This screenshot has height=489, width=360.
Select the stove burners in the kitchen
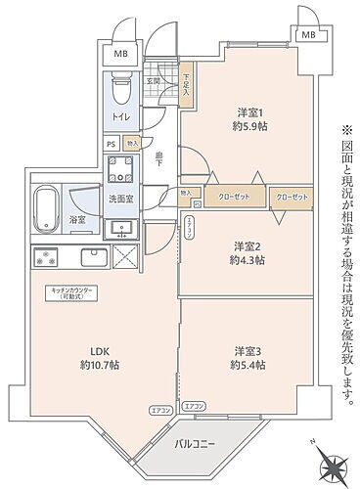[x=45, y=259]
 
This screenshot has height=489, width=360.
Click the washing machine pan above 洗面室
[x=125, y=170]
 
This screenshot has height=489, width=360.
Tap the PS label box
[x=111, y=142]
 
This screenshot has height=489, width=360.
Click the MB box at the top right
[x=307, y=35]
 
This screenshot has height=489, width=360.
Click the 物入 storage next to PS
[x=132, y=142]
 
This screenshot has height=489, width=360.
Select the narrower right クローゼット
[x=291, y=197]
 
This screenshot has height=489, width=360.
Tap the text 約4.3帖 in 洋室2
[x=246, y=260]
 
